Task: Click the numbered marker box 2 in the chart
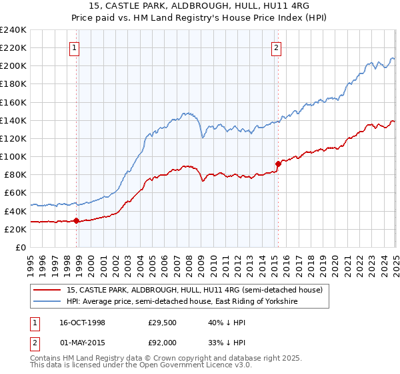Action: point(275,47)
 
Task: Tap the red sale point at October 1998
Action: point(77,220)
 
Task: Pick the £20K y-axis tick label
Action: point(15,229)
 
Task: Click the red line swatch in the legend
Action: point(47,290)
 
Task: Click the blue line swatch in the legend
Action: point(47,301)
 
